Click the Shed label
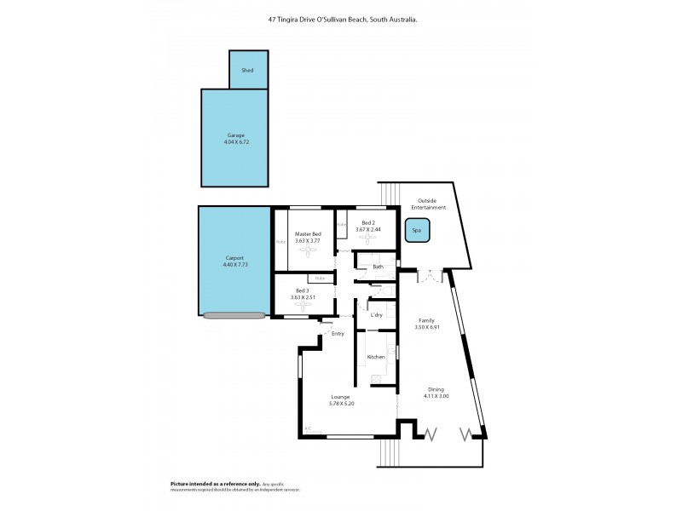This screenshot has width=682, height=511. (x=248, y=71)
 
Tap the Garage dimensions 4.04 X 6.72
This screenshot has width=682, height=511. (x=236, y=142)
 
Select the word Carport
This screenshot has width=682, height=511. (x=234, y=257)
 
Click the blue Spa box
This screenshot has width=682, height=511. (x=417, y=230)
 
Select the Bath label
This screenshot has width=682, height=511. (x=377, y=267)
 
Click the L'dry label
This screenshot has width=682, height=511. (x=377, y=315)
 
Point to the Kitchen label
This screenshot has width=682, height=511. (x=375, y=357)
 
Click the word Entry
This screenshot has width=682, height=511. (x=338, y=334)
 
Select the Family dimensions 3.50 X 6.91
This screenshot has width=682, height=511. (x=426, y=328)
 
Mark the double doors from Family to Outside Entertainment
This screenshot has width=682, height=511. (x=431, y=276)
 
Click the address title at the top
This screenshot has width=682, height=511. (x=340, y=19)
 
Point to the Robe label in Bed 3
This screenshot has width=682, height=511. (x=321, y=278)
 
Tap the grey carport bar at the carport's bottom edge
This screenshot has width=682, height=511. (x=234, y=316)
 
